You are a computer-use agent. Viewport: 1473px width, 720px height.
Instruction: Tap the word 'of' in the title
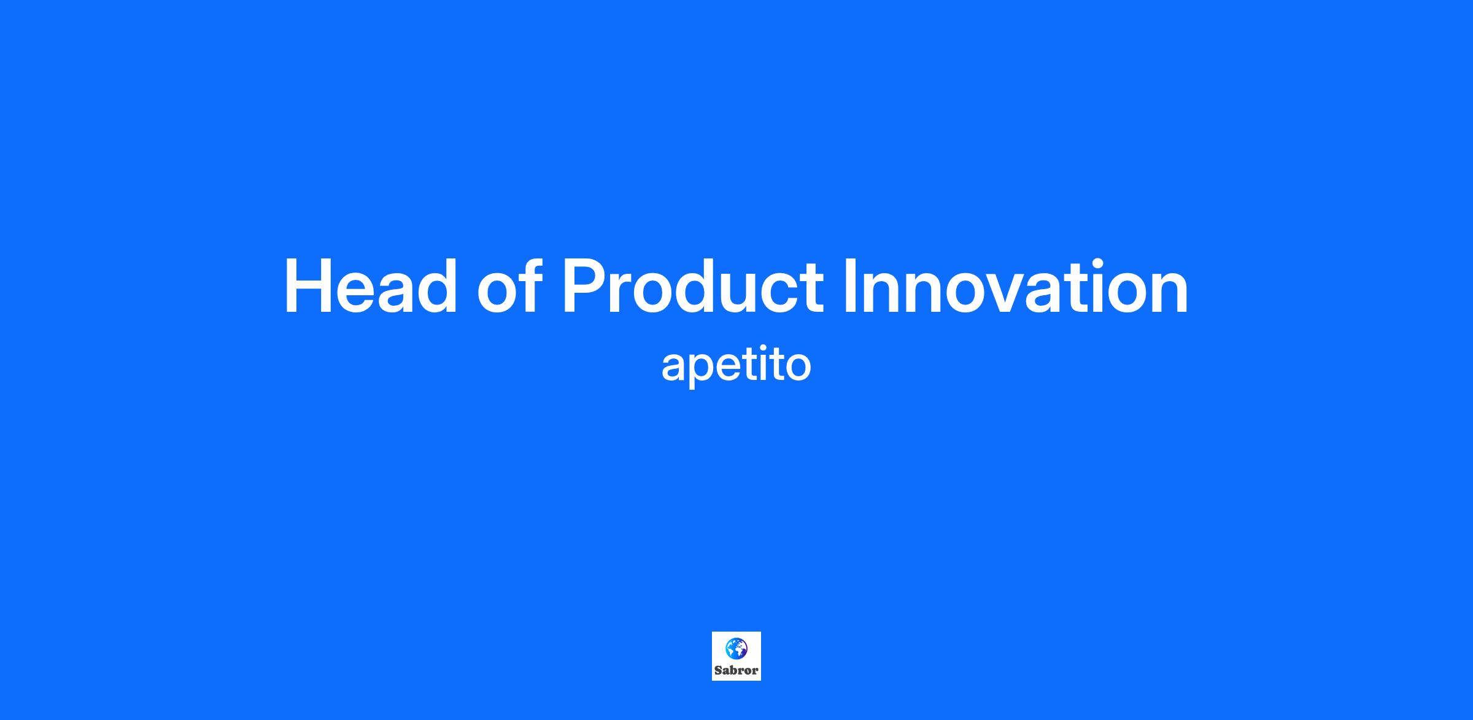pos(510,286)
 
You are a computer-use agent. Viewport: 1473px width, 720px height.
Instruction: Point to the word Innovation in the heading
pos(1016,286)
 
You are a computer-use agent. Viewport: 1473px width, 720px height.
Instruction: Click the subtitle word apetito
pos(736,366)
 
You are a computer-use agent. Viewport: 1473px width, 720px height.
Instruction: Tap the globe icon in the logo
pos(736,648)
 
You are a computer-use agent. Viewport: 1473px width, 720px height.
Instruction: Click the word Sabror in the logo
pos(736,670)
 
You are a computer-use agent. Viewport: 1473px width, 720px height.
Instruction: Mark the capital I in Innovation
pos(850,287)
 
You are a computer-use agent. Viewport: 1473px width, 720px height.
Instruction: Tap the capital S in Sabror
pos(718,670)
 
